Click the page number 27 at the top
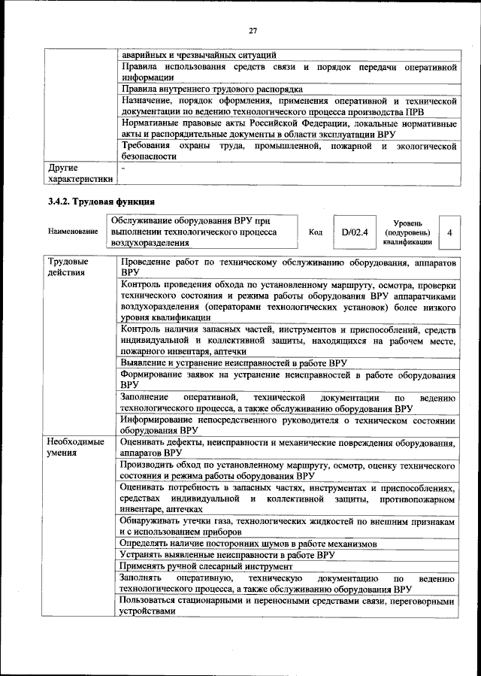(x=253, y=30)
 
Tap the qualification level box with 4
(x=449, y=232)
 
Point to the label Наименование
(x=72, y=232)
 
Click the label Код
(x=316, y=232)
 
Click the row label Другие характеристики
(x=79, y=174)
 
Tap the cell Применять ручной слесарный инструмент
(x=206, y=566)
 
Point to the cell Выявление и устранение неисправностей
(x=233, y=362)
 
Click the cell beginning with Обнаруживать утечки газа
(x=288, y=526)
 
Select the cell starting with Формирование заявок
(x=288, y=379)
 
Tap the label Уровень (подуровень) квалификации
(x=407, y=232)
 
